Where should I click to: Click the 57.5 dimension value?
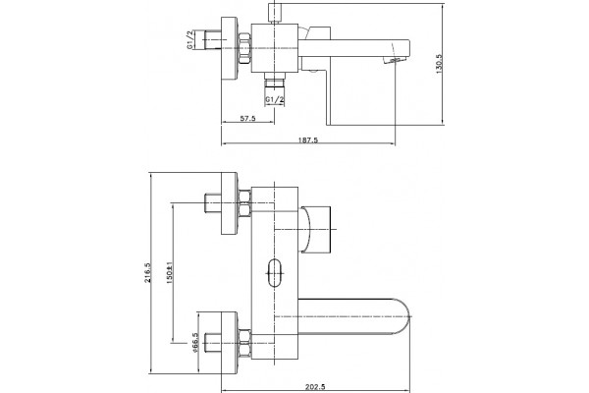click(247, 119)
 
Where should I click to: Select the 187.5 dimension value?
click(308, 140)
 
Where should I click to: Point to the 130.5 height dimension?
click(440, 64)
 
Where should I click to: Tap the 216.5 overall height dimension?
click(148, 273)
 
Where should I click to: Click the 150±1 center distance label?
click(169, 272)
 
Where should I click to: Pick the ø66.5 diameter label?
click(194, 343)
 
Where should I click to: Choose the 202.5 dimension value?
click(315, 386)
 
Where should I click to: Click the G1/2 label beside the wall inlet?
click(190, 40)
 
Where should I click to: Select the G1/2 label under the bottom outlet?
click(275, 99)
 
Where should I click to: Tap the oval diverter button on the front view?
click(275, 273)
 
